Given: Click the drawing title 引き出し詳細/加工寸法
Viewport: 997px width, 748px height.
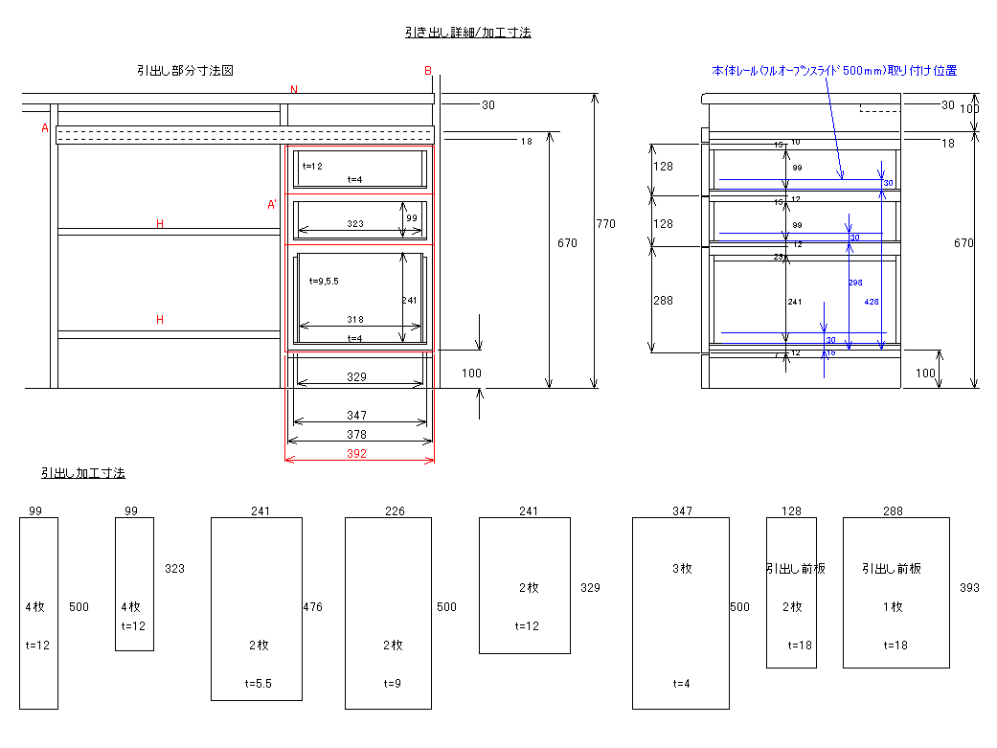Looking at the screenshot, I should pos(467,33).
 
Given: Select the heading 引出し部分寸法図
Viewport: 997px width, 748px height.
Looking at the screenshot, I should pos(185,71).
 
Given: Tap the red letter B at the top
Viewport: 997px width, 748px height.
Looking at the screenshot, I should pos(428,71).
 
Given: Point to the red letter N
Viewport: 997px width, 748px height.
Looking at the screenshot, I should pos(294,90).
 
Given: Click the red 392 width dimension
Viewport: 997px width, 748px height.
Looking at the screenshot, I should pos(356,454).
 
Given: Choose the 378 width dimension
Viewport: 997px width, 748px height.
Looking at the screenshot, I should pos(356,435).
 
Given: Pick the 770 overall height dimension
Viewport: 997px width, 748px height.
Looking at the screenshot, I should pos(606,224).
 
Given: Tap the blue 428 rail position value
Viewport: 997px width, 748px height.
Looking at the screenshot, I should pos(872,301).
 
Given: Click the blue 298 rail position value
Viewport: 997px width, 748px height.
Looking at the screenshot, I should pos(855,283).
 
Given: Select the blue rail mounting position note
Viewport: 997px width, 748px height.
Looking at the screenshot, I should pos(833,71).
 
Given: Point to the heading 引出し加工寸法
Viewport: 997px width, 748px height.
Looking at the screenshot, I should pos(82,473).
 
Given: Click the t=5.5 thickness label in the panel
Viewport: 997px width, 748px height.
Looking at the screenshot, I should pos(259,684).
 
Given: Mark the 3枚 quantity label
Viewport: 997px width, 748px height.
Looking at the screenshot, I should pos(682,569).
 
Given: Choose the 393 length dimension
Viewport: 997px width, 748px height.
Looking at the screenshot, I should pos(969,588).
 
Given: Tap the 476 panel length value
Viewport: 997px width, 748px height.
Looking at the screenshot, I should pos(312,607).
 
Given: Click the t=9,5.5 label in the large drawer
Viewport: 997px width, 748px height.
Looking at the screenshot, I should pos(325,282).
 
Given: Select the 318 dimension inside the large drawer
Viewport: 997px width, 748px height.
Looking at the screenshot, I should pos(355,320).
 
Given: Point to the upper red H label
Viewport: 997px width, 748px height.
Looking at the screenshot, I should pos(160,224).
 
